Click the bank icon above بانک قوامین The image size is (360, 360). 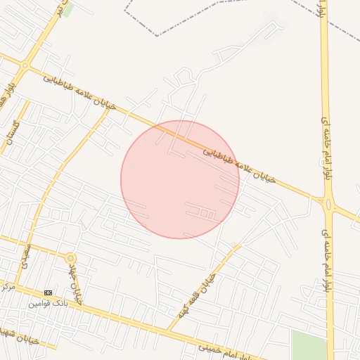[48, 292]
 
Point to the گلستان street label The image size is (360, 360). [12, 131]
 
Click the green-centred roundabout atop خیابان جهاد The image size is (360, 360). [70, 259]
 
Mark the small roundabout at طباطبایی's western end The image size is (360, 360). [25, 65]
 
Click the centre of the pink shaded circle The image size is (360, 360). [180, 180]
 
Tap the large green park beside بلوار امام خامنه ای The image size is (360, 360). [309, 345]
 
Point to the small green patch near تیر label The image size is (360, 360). [68, 9]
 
